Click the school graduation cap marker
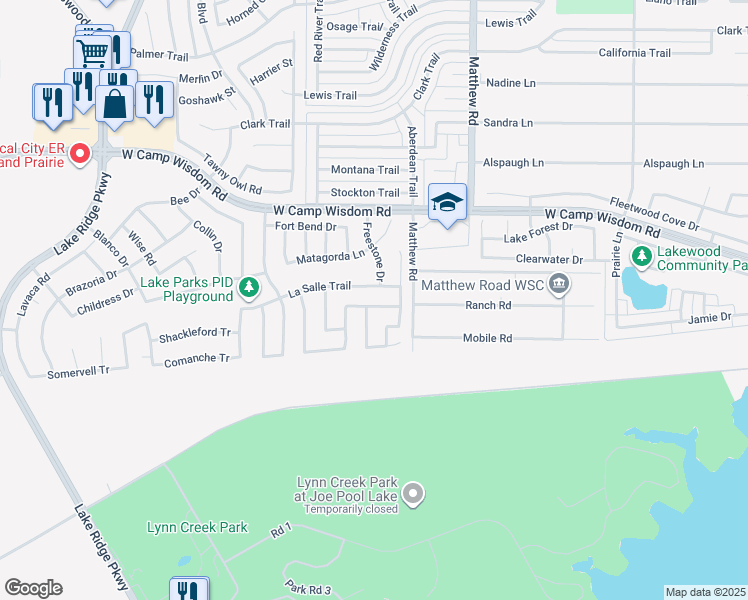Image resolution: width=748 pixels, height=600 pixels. coord(447,204)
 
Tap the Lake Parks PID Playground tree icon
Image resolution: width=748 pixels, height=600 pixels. coord(249,290)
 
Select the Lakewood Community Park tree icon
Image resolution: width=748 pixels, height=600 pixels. coord(639,257)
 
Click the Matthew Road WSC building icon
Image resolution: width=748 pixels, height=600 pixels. coord(559,286)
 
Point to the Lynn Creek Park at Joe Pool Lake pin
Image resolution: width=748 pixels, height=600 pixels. coord(413,493)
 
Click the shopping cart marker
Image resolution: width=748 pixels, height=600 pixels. coord(92,52)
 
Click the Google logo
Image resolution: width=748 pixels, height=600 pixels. coord(33,588)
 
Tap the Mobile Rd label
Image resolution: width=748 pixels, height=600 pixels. coord(487,338)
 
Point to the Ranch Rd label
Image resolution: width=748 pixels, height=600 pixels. coord(487,305)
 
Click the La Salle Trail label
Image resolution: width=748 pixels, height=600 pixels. coord(319,286)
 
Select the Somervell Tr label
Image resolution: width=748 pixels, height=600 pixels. coord(78,371)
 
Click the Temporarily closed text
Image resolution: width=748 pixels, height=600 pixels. coord(351,508)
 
